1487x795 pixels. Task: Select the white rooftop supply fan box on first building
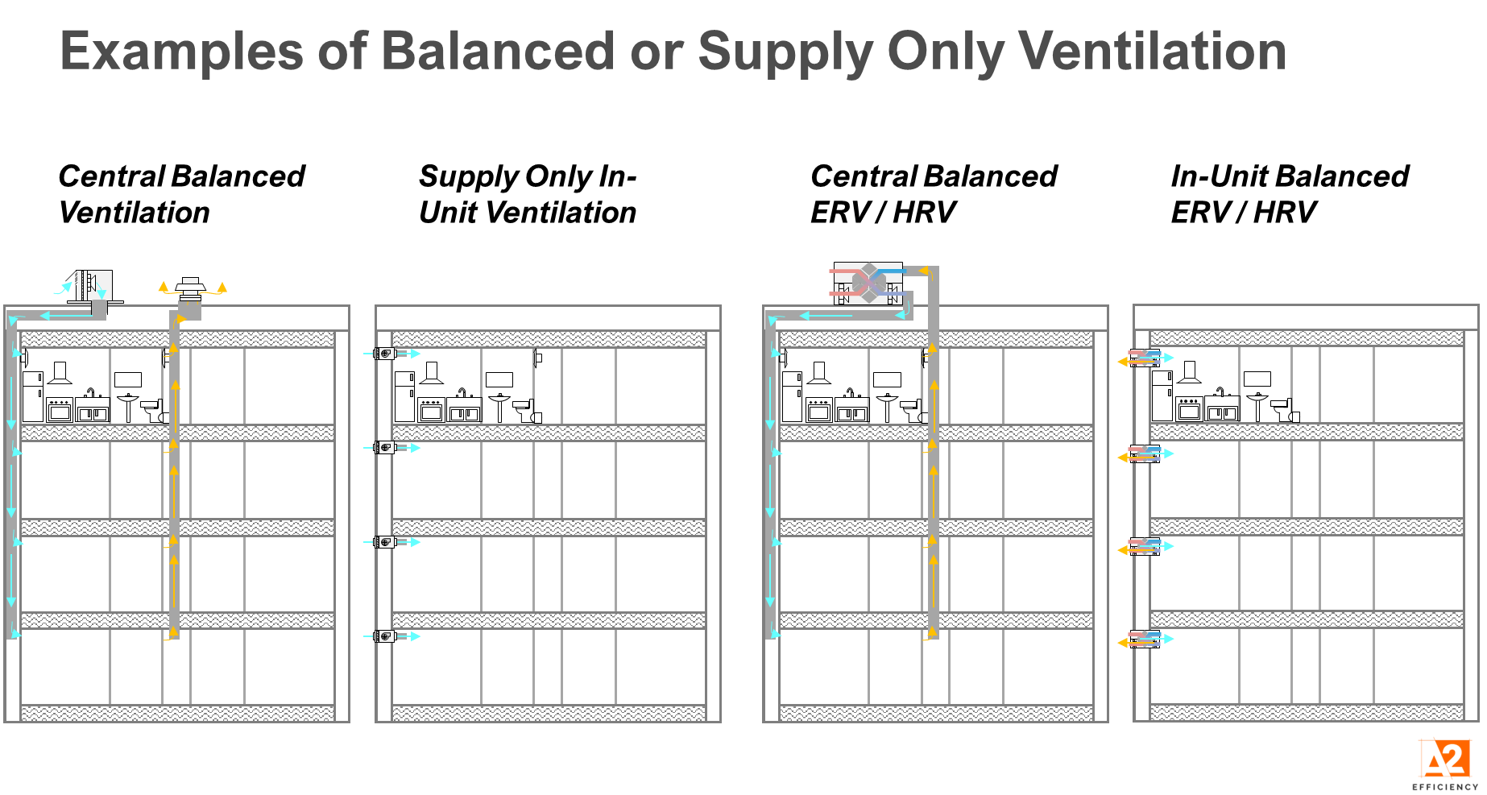coord(94,285)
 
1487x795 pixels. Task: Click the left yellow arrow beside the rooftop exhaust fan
coord(164,287)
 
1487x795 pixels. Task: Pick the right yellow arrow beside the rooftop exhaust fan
coord(222,287)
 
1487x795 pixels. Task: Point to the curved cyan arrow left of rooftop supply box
coord(63,288)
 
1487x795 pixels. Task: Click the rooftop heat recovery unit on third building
coord(868,284)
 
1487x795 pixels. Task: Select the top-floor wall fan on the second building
coord(386,354)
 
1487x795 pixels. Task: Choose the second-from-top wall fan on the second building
coord(386,448)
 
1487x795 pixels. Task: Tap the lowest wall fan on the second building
coord(386,636)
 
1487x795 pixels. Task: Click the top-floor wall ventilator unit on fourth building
coord(1144,358)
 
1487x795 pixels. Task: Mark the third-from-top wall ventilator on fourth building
coord(1144,547)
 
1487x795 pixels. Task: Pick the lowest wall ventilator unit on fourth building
coord(1144,640)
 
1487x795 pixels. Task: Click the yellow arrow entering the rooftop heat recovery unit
coord(924,271)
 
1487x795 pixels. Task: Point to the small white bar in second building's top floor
coord(520,404)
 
